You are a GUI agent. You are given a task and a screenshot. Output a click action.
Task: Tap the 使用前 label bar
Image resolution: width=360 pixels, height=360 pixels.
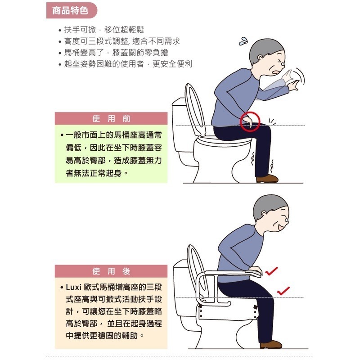(111, 119)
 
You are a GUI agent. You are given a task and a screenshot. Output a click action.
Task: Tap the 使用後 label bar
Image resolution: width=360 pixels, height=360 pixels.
(111, 271)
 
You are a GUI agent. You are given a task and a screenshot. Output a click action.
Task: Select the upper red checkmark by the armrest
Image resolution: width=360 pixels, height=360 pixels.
(271, 271)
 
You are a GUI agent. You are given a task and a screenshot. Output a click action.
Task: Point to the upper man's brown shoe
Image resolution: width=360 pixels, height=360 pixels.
(267, 179)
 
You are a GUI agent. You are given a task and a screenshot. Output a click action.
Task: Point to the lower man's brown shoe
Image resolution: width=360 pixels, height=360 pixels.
(270, 344)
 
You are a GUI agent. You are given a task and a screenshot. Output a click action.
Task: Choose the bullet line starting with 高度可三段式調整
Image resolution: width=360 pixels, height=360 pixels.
(121, 41)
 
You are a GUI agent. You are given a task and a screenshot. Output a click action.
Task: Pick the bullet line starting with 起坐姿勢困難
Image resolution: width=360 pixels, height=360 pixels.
(128, 64)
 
